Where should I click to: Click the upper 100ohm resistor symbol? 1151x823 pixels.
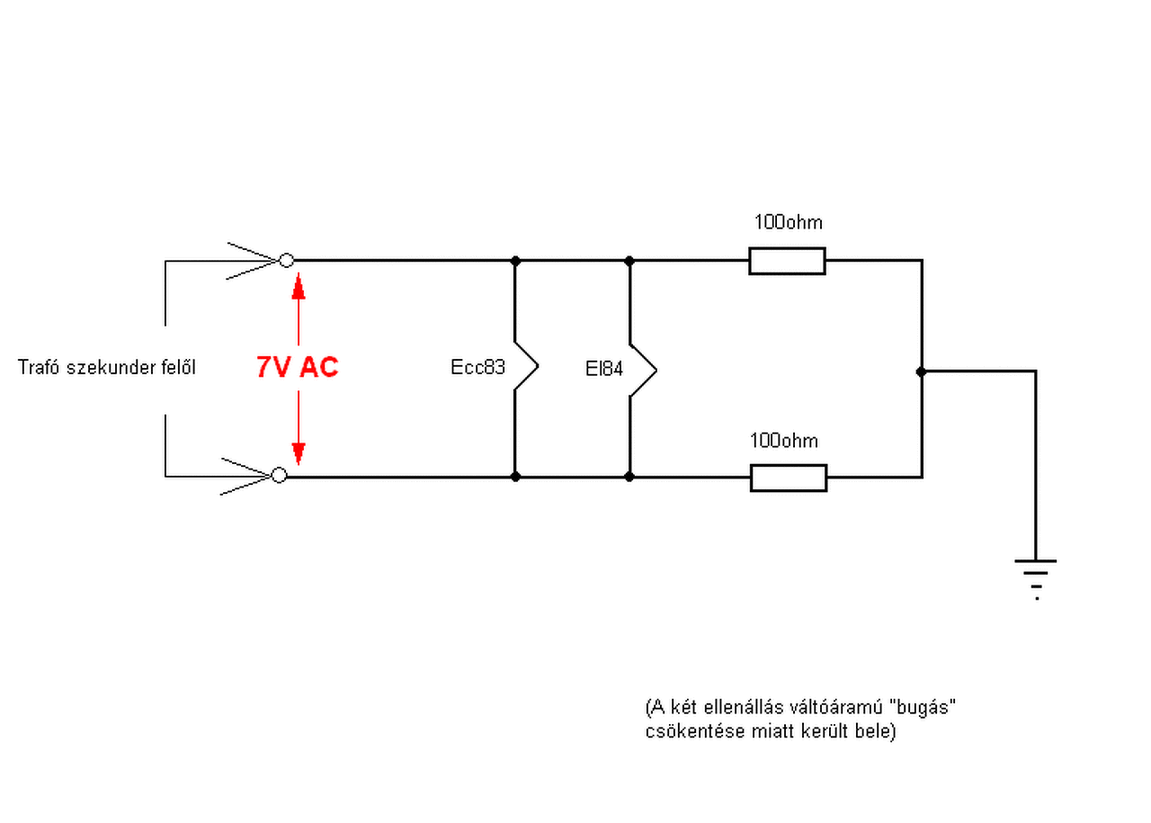pos(787,261)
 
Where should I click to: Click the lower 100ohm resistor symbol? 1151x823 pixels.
pos(788,478)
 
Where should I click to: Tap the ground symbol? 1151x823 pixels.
pos(1036,576)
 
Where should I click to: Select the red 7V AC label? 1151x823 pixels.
pos(298,367)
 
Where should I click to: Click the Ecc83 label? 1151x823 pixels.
pos(477,368)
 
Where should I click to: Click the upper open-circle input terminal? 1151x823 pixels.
pos(286,261)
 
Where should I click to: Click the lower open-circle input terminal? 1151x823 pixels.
pos(279,475)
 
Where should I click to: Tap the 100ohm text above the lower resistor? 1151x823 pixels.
pos(784,441)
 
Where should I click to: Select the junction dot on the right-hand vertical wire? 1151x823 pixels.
pos(921,371)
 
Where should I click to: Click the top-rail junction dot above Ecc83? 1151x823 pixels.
pos(515,261)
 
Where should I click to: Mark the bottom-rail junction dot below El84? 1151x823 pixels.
pos(629,476)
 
